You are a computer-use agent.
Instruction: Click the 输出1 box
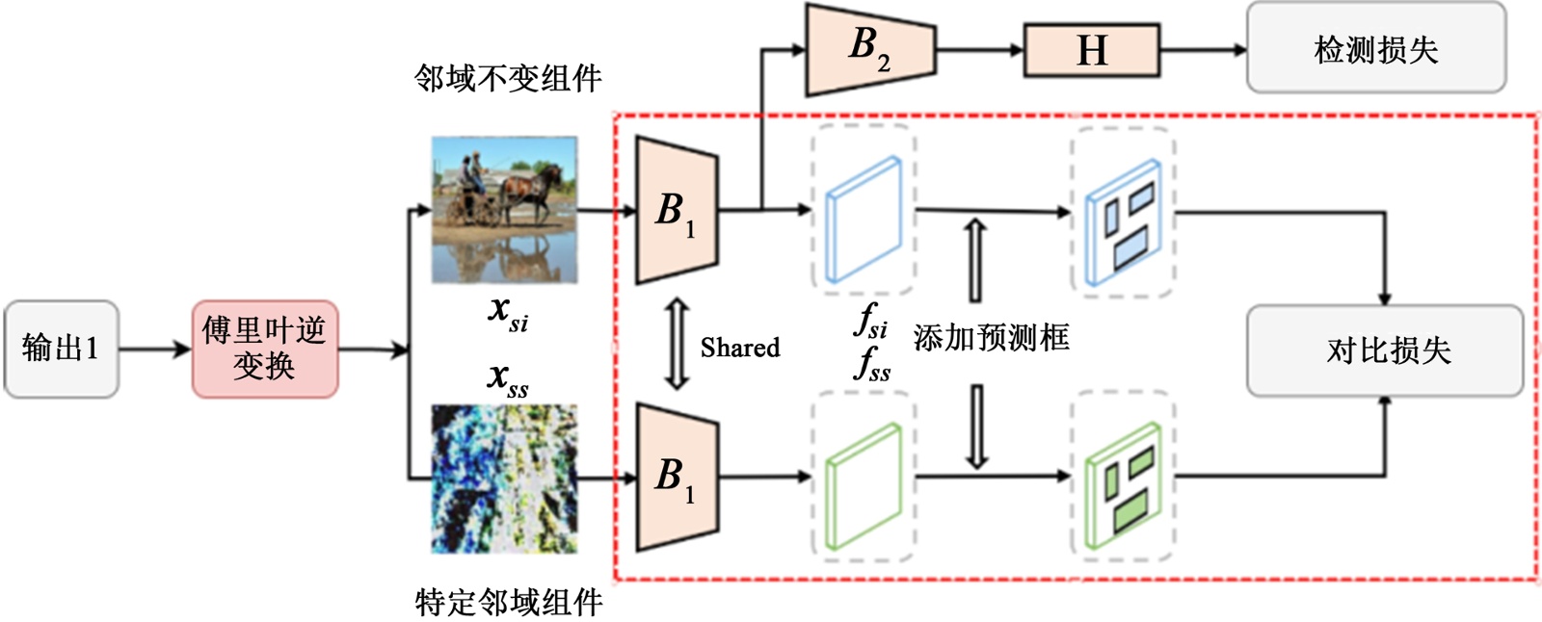(61, 349)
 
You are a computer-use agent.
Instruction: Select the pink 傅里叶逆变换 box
(264, 349)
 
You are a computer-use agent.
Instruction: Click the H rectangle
(1091, 50)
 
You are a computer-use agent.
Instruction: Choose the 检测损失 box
(1375, 48)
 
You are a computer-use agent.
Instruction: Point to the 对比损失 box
(1385, 350)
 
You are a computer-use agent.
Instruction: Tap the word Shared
(739, 348)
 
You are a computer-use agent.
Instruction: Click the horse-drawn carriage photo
(504, 209)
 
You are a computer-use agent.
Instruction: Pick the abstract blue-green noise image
(504, 479)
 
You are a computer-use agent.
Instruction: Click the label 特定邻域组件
(508, 602)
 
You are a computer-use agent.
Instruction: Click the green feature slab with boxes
(1123, 487)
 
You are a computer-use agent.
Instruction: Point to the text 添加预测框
(991, 338)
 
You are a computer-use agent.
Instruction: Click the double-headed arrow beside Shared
(678, 343)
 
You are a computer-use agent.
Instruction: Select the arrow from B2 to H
(979, 49)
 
